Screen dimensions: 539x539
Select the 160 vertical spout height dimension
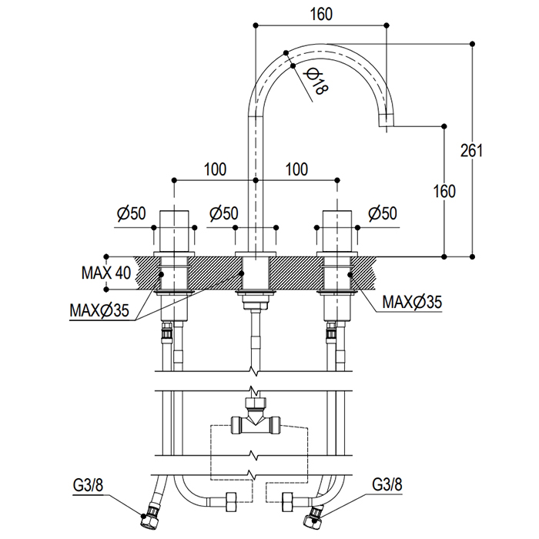coord(445,190)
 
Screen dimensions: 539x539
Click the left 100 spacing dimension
coord(216,169)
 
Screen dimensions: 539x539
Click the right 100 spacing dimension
coord(297,169)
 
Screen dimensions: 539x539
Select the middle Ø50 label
coord(223,213)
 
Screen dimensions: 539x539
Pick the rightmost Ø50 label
coord(383,213)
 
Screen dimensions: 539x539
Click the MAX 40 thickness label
coord(106,273)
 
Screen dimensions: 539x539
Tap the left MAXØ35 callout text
coord(99,311)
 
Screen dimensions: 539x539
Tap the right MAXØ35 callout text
coord(413,303)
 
